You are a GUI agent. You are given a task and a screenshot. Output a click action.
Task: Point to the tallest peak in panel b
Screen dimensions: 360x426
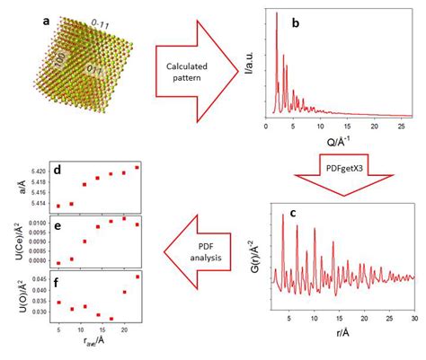click(x=276, y=15)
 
